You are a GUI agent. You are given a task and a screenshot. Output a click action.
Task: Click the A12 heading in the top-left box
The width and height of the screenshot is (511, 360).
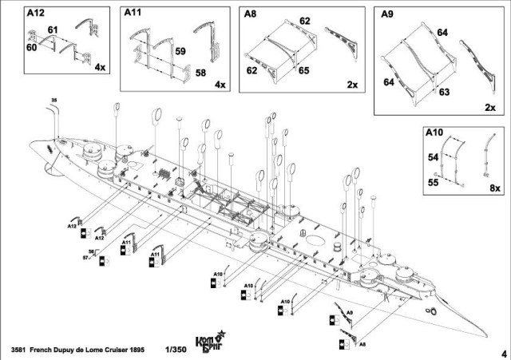(35, 14)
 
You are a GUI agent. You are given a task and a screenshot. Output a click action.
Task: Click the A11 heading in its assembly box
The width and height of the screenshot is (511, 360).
(133, 14)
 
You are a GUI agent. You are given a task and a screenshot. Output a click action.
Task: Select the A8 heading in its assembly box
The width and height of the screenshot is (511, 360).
(252, 14)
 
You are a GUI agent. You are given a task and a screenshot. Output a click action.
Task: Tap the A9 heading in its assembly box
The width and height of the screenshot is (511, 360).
(388, 14)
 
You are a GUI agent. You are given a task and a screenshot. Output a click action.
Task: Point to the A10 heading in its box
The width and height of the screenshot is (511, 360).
(434, 132)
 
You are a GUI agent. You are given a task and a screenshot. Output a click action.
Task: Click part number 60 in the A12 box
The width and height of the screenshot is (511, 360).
(32, 47)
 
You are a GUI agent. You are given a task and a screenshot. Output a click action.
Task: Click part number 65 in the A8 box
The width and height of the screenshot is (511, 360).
(303, 71)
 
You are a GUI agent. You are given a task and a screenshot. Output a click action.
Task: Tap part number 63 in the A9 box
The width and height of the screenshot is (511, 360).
(445, 92)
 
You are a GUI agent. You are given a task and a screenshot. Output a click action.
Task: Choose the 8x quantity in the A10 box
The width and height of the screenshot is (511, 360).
(494, 188)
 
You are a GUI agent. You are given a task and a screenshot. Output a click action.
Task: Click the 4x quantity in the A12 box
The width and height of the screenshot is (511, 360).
(99, 68)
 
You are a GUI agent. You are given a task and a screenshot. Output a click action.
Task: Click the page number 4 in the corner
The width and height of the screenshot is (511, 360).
(504, 352)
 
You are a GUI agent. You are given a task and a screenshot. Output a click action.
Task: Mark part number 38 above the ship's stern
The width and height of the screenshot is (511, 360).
(53, 100)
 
